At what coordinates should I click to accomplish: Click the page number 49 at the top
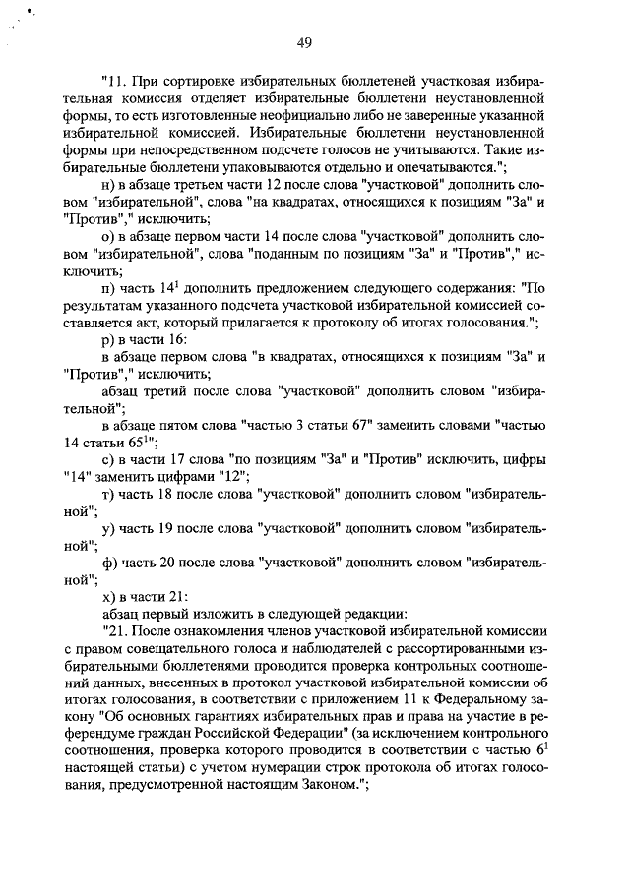tap(304, 40)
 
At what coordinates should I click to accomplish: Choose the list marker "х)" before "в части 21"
tap(109, 595)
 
